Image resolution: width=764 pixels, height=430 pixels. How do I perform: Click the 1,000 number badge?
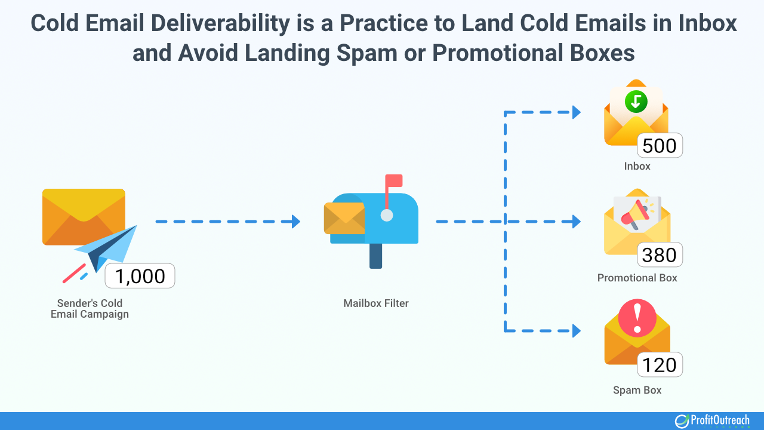tap(140, 276)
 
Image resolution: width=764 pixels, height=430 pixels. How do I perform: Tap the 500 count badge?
tap(660, 146)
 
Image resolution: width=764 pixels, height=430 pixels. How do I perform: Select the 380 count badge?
tap(660, 255)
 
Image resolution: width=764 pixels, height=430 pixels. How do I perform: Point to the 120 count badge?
tap(660, 365)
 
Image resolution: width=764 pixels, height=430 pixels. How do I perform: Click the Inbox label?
tap(637, 166)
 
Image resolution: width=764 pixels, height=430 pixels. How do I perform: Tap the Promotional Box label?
tap(637, 278)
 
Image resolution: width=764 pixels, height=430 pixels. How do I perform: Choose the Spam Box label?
tap(637, 390)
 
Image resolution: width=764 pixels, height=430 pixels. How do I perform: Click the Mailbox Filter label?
tap(376, 303)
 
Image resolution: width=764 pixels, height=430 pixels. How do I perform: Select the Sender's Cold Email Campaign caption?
tap(90, 308)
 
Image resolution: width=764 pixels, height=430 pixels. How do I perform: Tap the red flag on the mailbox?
tap(394, 181)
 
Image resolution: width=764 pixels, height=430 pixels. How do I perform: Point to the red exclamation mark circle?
tap(637, 317)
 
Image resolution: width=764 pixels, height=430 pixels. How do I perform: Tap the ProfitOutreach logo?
tap(712, 420)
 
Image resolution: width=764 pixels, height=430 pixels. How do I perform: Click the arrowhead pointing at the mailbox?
tap(295, 222)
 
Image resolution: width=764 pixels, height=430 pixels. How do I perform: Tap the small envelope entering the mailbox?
tap(344, 218)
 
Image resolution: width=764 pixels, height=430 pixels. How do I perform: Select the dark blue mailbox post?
tap(375, 256)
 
